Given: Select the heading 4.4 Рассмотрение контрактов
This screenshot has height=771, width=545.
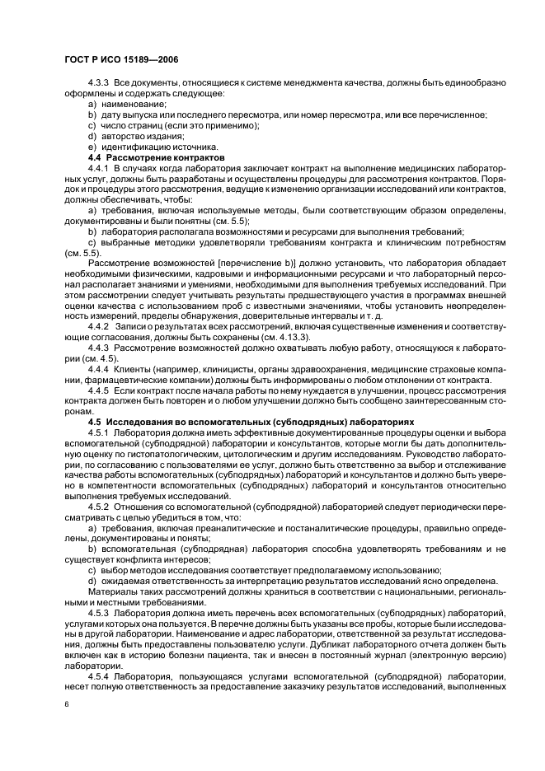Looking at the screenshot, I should point(156,157).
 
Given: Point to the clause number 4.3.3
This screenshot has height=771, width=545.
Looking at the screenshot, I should point(99,85).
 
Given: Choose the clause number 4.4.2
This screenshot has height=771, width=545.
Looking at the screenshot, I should point(99,326).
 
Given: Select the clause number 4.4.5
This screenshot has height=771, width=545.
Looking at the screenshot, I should point(99,390).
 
